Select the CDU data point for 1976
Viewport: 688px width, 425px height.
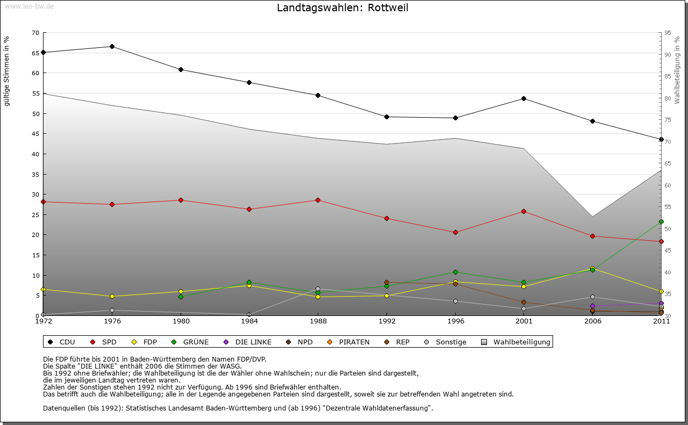pyautogui.click(x=112, y=46)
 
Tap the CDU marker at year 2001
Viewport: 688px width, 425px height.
pyautogui.click(x=524, y=99)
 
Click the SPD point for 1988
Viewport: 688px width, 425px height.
pyautogui.click(x=318, y=200)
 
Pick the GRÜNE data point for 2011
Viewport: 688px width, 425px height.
pyautogui.click(x=661, y=221)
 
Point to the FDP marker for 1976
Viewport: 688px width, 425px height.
pyautogui.click(x=112, y=297)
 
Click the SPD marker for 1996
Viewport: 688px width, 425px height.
pyautogui.click(x=455, y=233)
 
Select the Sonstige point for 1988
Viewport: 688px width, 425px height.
pyautogui.click(x=318, y=289)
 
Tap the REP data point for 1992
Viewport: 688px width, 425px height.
pyautogui.click(x=386, y=283)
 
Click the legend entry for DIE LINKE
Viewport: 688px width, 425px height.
pyautogui.click(x=253, y=342)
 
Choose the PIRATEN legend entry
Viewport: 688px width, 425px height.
pyautogui.click(x=354, y=342)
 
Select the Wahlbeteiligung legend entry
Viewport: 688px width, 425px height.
pyautogui.click(x=521, y=342)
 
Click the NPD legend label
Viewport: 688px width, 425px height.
pyautogui.click(x=305, y=342)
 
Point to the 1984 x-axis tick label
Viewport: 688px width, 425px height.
pyautogui.click(x=249, y=321)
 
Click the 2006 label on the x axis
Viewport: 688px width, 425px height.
pyautogui.click(x=593, y=321)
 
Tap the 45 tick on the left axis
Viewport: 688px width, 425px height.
pyautogui.click(x=35, y=134)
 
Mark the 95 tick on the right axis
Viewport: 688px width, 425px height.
pyautogui.click(x=668, y=33)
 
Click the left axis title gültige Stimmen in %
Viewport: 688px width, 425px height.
pyautogui.click(x=7, y=71)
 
